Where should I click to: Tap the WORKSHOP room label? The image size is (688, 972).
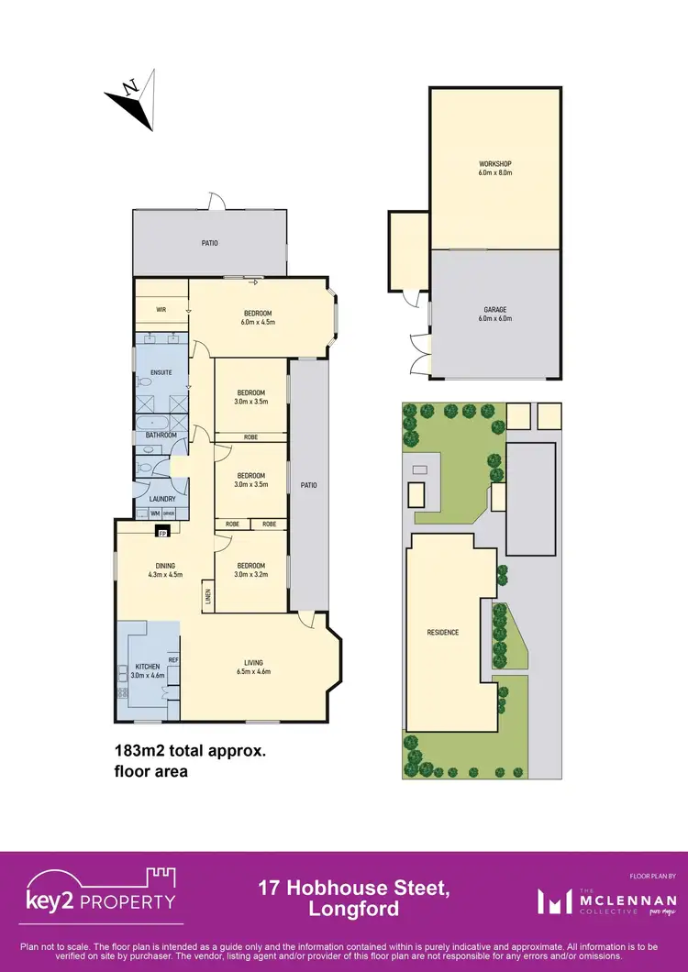point(494,168)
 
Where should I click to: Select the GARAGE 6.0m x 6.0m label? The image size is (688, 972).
point(494,314)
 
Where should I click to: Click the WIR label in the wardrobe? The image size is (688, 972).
point(161,310)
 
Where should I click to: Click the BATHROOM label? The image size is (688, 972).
point(161,435)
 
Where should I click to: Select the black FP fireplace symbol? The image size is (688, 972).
point(162,531)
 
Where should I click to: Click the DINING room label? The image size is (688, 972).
point(165,569)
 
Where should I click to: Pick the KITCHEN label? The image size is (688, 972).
point(148,670)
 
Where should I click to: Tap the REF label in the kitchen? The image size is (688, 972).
point(172,659)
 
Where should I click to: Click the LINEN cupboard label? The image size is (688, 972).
point(208,597)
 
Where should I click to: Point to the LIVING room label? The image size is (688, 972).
point(253,667)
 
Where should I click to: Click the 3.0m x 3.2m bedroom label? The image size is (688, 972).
point(250,569)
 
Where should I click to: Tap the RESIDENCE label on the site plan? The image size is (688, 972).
point(442,633)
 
